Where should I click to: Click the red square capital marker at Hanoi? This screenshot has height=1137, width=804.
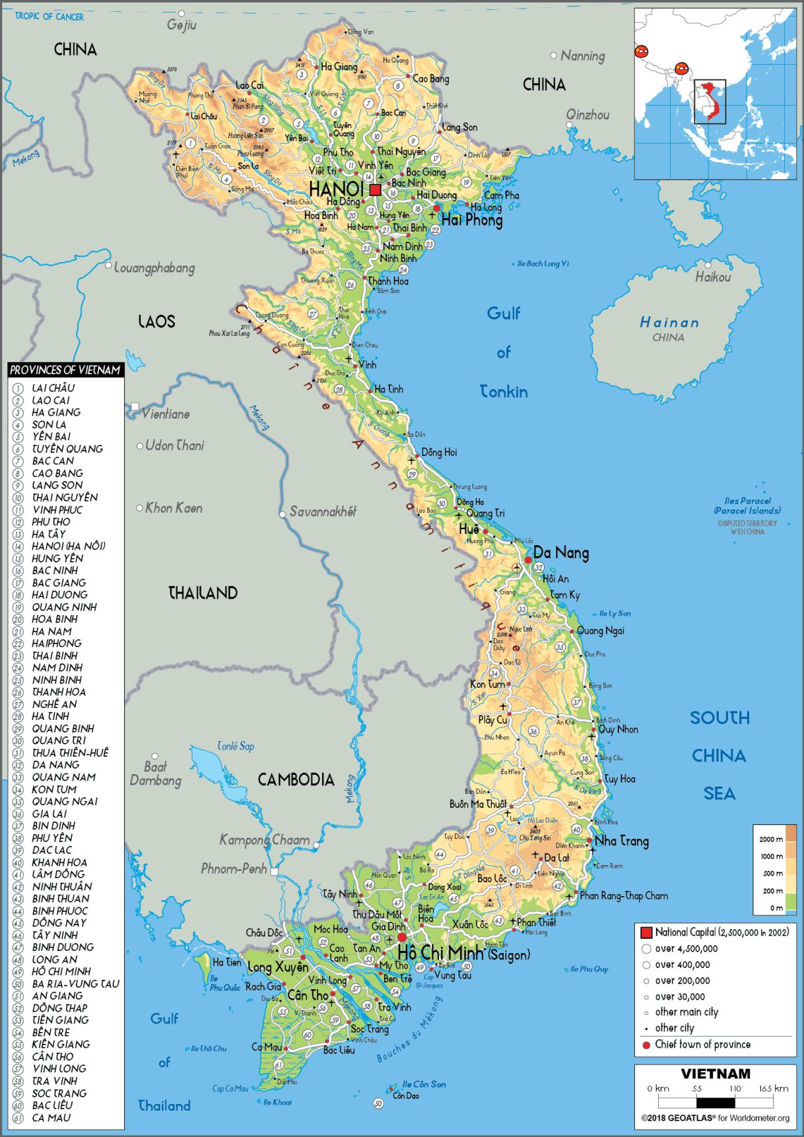coord(375,190)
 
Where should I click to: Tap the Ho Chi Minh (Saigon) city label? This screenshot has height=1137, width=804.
coord(462,954)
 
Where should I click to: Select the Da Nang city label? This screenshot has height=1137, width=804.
coord(561,552)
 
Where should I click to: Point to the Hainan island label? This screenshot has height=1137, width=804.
coord(669,323)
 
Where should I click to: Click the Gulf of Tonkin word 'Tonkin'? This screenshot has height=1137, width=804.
coord(504,392)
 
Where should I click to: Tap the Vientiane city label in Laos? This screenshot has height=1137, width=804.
coord(166,414)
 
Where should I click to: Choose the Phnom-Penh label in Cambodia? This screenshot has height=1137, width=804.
coord(234,869)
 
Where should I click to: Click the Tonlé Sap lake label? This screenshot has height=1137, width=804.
coord(236,746)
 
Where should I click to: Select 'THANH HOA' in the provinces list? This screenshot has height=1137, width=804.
coord(59,692)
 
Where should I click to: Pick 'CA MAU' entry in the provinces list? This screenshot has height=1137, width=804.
coord(51,1118)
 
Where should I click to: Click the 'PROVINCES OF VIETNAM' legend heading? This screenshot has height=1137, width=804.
coord(65,370)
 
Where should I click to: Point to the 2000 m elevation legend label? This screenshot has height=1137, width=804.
coord(771,839)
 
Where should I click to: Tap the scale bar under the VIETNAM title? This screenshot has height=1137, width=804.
coord(716,1102)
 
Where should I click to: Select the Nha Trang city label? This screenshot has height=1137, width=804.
coord(621,841)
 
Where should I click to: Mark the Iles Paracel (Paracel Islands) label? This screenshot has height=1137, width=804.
coord(747,505)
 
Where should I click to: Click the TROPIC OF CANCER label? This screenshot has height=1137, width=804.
coord(49,16)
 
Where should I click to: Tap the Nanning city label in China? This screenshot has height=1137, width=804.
coord(582,56)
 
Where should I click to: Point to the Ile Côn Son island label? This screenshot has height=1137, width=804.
coord(424,1084)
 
